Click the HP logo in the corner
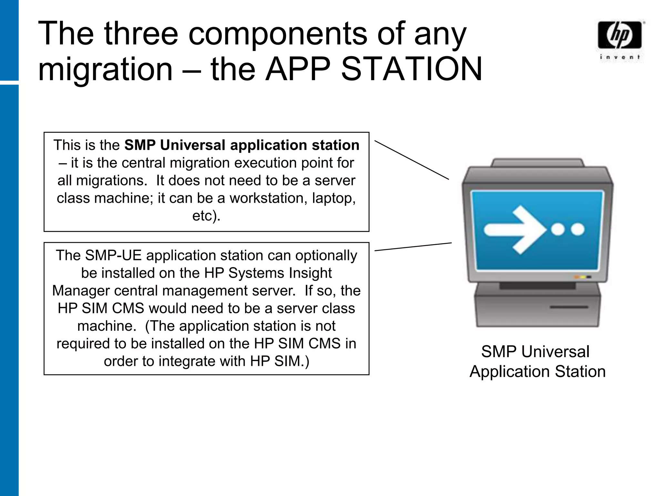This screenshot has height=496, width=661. [x=619, y=35]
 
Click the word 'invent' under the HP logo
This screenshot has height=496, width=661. [x=619, y=57]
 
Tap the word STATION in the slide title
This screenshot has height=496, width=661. [x=412, y=69]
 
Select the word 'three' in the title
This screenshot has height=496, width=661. [x=141, y=33]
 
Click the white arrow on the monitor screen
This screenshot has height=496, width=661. [x=515, y=230]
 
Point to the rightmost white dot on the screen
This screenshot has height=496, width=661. [x=577, y=230]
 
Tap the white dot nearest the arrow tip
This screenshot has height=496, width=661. [x=557, y=230]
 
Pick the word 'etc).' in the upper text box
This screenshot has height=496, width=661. [x=206, y=216]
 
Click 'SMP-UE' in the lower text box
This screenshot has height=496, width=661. [x=113, y=255]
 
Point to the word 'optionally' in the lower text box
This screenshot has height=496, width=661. [x=326, y=255]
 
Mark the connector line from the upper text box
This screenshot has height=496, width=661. [x=412, y=160]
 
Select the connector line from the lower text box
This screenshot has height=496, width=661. [x=413, y=247]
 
